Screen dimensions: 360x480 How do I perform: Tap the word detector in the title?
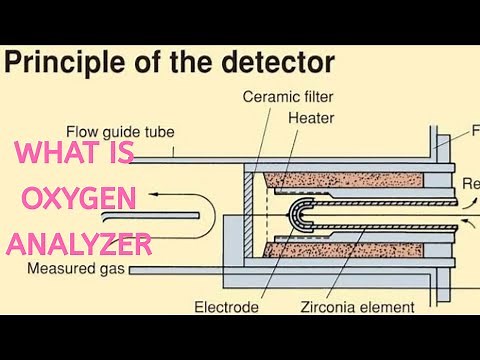pos(283,63)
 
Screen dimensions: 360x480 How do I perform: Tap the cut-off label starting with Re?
pos(469,184)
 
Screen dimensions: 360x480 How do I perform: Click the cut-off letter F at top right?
pos(474,129)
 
